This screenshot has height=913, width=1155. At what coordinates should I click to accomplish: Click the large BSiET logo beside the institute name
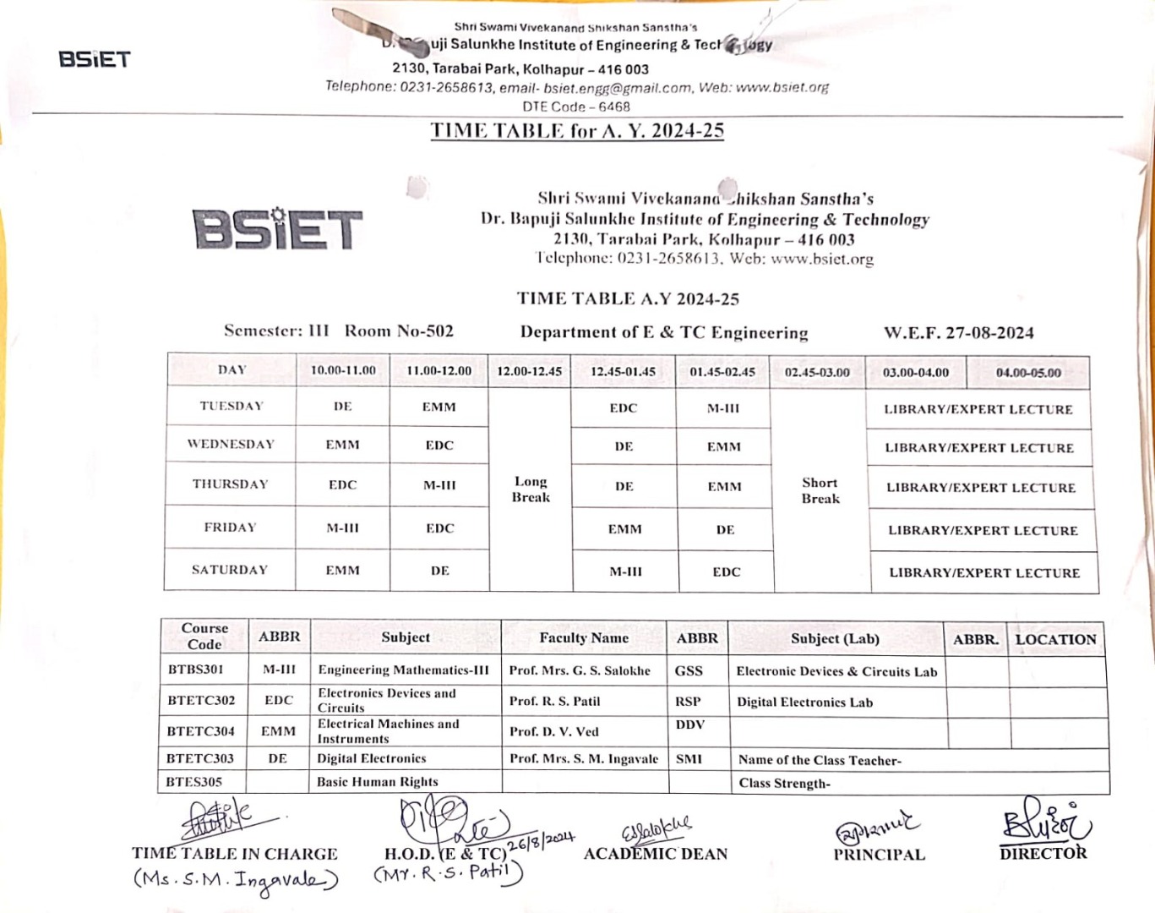click(277, 228)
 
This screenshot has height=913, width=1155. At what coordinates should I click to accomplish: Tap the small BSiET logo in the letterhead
click(95, 59)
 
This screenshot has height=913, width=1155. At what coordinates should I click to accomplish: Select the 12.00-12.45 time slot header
click(529, 371)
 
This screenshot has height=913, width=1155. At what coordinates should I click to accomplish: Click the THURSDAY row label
click(230, 484)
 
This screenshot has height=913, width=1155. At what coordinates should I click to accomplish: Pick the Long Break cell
click(531, 489)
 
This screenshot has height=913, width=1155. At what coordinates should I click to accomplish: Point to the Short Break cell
click(820, 490)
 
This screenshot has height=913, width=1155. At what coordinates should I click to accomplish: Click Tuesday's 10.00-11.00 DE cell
click(342, 407)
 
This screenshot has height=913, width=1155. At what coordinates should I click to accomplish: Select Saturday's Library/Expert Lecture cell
click(984, 573)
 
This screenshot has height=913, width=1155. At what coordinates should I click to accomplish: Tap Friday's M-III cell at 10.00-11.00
click(342, 528)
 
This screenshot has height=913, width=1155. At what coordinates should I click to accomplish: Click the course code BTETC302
click(201, 700)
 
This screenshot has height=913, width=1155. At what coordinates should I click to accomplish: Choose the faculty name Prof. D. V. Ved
click(553, 731)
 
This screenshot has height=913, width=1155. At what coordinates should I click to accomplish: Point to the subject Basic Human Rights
click(377, 782)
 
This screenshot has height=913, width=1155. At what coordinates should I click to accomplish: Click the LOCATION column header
click(1055, 640)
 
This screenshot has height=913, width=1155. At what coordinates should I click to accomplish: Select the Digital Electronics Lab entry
click(804, 703)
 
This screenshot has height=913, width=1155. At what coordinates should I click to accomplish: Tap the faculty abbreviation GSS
click(689, 670)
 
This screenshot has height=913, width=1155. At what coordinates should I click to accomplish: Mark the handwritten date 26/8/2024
click(541, 840)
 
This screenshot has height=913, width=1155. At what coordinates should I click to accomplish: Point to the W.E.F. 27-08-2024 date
click(958, 333)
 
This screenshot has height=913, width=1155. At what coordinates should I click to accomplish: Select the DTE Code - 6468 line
click(576, 107)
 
